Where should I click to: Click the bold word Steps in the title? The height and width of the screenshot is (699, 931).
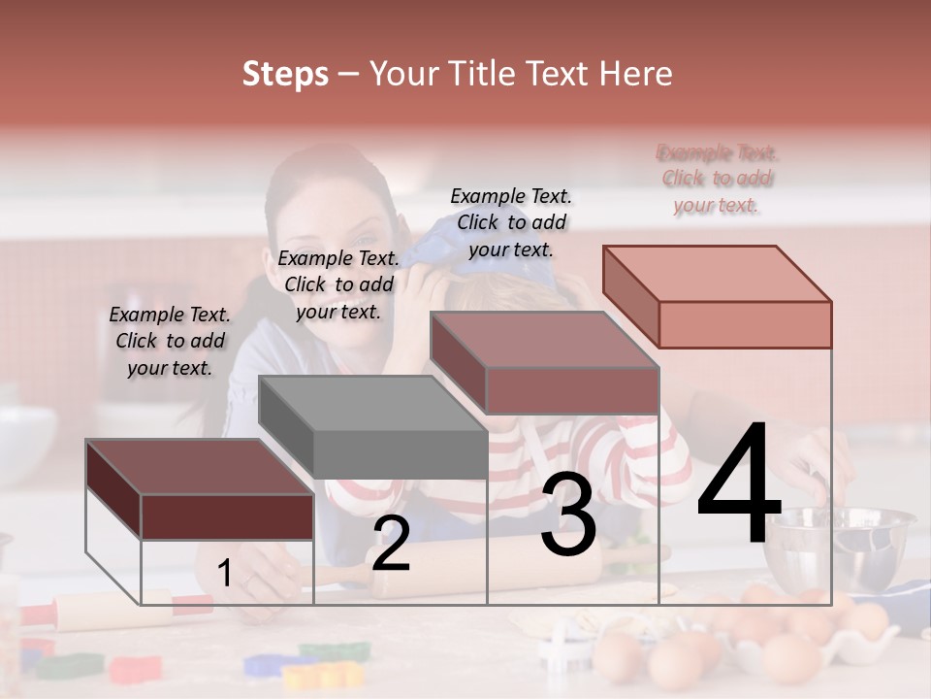pos(285,74)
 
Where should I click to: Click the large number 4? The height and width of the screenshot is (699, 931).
pos(739,484)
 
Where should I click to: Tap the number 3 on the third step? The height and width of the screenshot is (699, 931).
pos(568,516)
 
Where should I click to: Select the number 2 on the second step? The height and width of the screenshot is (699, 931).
pos(391,544)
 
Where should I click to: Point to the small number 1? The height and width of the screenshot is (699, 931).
pos(224,574)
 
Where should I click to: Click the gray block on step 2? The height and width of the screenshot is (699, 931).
pos(373,427)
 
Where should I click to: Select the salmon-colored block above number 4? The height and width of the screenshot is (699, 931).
pos(718,297)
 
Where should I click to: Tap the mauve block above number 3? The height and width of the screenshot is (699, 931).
pos(546,363)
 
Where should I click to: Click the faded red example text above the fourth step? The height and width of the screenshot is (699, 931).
pos(717,179)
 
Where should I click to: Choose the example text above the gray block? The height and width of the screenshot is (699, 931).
pos(338,284)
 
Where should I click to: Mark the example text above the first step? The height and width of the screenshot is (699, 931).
pos(170,341)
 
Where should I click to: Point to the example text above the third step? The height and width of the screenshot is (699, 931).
pos(511,222)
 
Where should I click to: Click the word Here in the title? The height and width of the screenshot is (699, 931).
pos(635,74)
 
